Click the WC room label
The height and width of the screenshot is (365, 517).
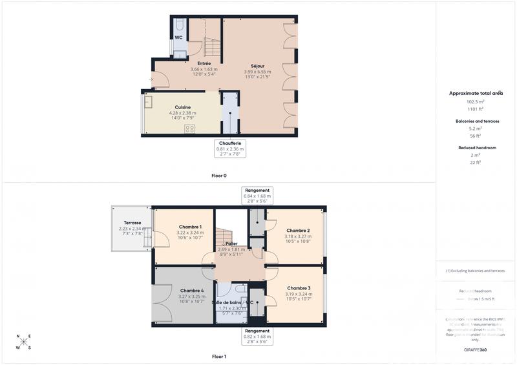pos(178,37)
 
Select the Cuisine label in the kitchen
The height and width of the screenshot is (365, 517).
pos(183,107)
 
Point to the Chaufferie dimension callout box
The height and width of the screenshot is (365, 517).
pos(230,149)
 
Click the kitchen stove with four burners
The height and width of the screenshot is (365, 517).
pos(190,129)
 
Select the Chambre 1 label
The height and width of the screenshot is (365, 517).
pos(191,227)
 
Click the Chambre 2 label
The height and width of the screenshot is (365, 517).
pos(298,231)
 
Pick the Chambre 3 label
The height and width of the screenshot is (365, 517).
pos(299,288)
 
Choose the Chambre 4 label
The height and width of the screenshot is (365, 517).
pos(192,291)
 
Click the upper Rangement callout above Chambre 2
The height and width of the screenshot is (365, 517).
pos(257,195)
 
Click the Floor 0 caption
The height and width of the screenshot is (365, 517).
pos(219,175)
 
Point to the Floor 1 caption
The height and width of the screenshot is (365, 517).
pos(219,357)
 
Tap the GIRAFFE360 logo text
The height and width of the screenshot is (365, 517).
pos(476,349)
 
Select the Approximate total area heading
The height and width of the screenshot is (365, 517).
pos(476,93)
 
